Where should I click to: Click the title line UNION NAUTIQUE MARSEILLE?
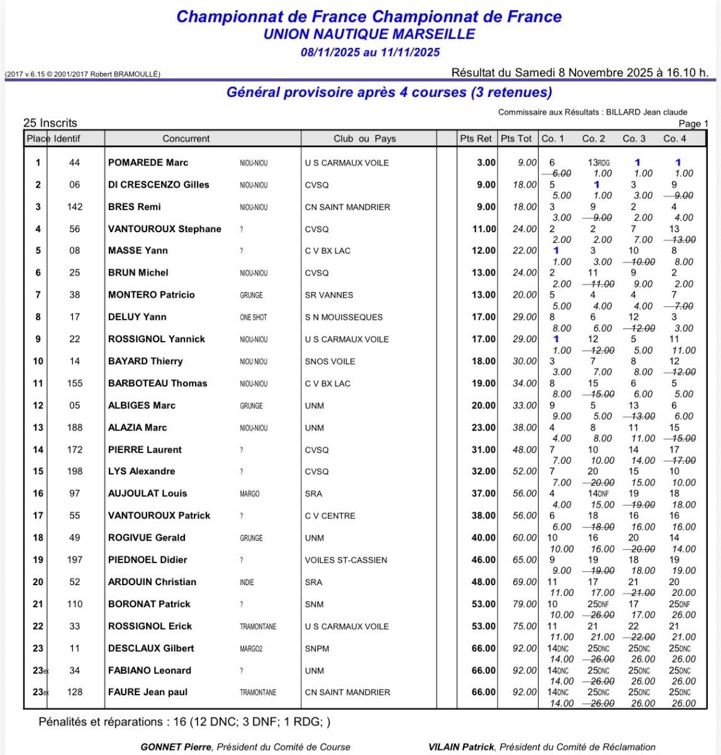[369, 35]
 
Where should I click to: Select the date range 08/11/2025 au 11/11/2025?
[370, 52]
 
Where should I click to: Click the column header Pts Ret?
[476, 138]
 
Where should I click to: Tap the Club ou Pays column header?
[365, 138]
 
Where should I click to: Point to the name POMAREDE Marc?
[148, 163]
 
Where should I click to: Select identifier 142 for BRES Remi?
[75, 207]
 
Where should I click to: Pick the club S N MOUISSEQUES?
[344, 317]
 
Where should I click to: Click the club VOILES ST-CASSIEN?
[346, 560]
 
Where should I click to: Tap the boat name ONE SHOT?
[254, 317]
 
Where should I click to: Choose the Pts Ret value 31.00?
[484, 450]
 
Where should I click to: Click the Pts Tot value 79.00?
[525, 604]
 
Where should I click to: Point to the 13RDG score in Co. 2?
[598, 163]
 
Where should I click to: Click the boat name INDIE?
[247, 582]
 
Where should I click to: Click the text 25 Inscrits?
[50, 123]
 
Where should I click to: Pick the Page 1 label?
[693, 123]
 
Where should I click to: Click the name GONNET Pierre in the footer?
[177, 747]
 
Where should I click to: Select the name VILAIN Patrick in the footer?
[461, 747]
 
